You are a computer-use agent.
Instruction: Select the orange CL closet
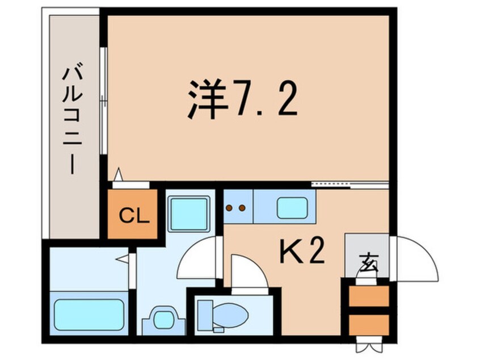pyautogui.click(x=133, y=216)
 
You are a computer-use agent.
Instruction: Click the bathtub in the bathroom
pyautogui.click(x=89, y=314)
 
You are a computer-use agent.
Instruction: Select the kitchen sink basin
pyautogui.click(x=292, y=208)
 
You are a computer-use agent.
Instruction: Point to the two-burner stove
pyautogui.click(x=235, y=208)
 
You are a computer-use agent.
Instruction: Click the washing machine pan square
pyautogui.click(x=188, y=214)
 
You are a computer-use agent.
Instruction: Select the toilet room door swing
pyautogui.click(x=247, y=273)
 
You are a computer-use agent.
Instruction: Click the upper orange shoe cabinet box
pyautogui.click(x=368, y=296)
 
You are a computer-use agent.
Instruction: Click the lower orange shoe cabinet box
pyautogui.click(x=368, y=324)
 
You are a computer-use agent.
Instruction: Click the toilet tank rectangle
pyautogui.click(x=205, y=315)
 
